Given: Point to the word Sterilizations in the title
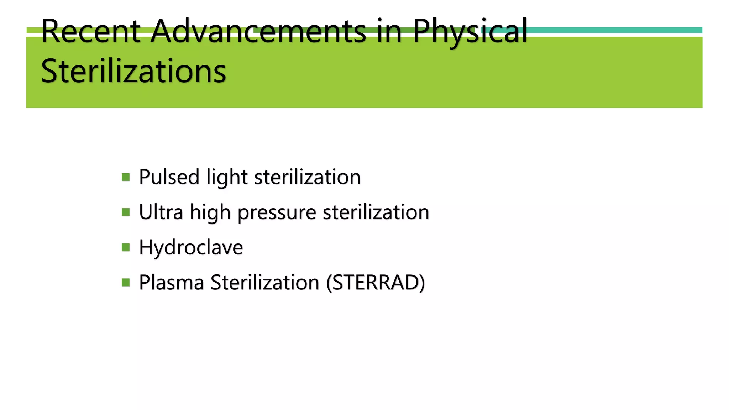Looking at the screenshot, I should click(x=133, y=71).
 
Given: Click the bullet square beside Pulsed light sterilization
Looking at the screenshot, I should click(x=126, y=177).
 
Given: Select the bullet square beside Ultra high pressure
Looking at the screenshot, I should click(x=126, y=212).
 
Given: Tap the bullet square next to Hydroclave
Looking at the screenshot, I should click(x=126, y=247).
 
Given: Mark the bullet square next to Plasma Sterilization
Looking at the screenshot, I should click(x=126, y=283).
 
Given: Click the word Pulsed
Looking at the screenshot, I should click(x=169, y=177).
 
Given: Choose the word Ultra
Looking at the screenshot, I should click(x=161, y=212).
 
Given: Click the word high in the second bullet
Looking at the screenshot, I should click(x=210, y=213).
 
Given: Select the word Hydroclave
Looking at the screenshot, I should click(x=191, y=248).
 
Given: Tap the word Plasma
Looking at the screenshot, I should click(x=171, y=283).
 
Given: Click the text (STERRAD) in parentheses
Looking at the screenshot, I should click(x=376, y=283).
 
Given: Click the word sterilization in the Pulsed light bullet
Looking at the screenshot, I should click(x=307, y=177).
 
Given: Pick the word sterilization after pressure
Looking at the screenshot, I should click(x=376, y=212).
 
